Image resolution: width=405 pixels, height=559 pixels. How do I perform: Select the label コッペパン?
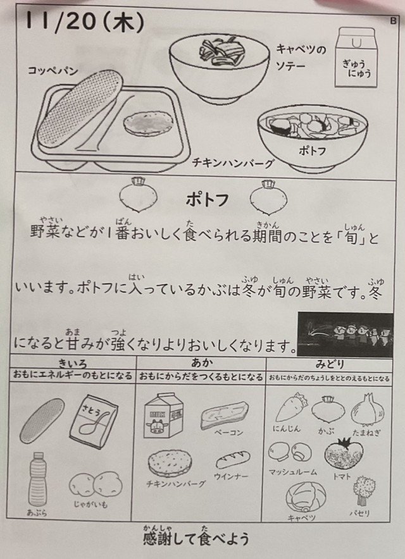tap(53, 71)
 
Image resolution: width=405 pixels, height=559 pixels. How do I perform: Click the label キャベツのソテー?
tap(301, 58)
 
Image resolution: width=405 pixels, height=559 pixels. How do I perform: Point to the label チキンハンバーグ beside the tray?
tap(233, 163)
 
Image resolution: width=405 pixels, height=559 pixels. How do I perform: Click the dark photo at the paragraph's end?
tap(346, 334)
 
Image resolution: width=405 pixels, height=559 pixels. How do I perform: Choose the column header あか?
tap(202, 363)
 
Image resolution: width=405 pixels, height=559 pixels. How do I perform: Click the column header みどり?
tap(329, 364)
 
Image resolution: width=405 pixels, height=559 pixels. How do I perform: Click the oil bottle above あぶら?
tap(37, 479)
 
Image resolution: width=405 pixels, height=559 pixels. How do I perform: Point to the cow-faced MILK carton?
tap(163, 415)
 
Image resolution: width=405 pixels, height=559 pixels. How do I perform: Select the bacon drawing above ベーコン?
tap(225, 415)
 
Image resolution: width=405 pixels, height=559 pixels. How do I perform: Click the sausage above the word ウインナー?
tap(233, 460)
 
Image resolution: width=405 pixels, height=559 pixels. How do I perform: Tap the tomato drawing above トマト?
tap(343, 455)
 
